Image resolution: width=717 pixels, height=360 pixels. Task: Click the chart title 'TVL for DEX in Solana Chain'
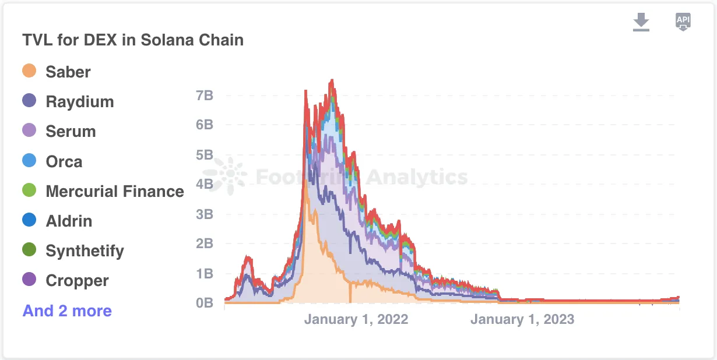[133, 40]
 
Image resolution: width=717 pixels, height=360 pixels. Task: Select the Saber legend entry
[68, 72]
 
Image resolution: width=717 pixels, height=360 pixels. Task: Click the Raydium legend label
[80, 101]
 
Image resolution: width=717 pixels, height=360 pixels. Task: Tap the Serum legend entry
[71, 131]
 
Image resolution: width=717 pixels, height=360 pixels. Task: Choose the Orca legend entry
[64, 161]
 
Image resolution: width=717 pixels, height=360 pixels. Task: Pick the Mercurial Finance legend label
[115, 191]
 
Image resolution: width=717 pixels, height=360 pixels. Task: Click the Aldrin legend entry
[69, 221]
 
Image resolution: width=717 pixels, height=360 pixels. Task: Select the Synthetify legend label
[85, 250]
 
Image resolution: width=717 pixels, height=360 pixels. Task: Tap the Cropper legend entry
[77, 280]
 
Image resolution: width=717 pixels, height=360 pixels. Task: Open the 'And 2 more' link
[67, 310]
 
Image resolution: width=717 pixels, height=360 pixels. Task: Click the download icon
[641, 22]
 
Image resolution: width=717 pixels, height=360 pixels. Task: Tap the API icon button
[683, 22]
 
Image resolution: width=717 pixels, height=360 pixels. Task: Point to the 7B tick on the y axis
[204, 95]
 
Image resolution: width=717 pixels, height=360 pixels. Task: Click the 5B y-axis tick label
[204, 154]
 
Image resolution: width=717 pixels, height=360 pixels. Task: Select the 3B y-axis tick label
[204, 214]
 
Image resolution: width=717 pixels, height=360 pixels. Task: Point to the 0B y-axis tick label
[204, 303]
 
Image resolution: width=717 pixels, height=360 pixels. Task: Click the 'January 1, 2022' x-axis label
[356, 319]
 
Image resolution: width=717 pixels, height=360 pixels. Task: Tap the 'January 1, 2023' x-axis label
[522, 319]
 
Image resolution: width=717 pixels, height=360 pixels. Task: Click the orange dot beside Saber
[29, 71]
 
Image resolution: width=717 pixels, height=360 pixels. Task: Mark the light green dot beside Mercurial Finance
[29, 190]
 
